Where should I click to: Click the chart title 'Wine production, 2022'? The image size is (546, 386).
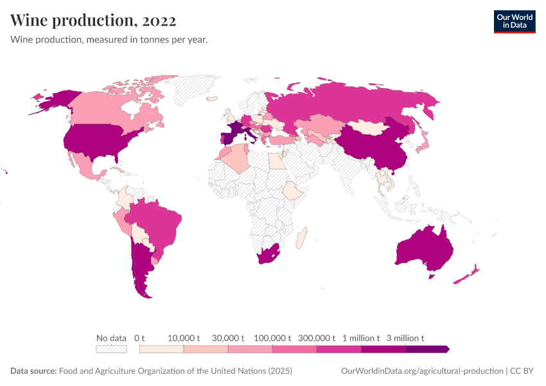93,21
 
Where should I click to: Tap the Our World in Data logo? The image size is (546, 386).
514,21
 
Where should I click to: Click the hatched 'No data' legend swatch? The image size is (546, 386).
111,349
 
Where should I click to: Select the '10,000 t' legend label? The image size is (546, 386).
184,338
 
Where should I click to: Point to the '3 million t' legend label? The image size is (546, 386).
405,338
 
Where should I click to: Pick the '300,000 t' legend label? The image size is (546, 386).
317,338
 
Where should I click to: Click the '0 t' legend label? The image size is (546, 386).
139,338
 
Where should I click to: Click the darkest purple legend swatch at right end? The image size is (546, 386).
427,349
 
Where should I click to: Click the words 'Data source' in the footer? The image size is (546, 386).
33,371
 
